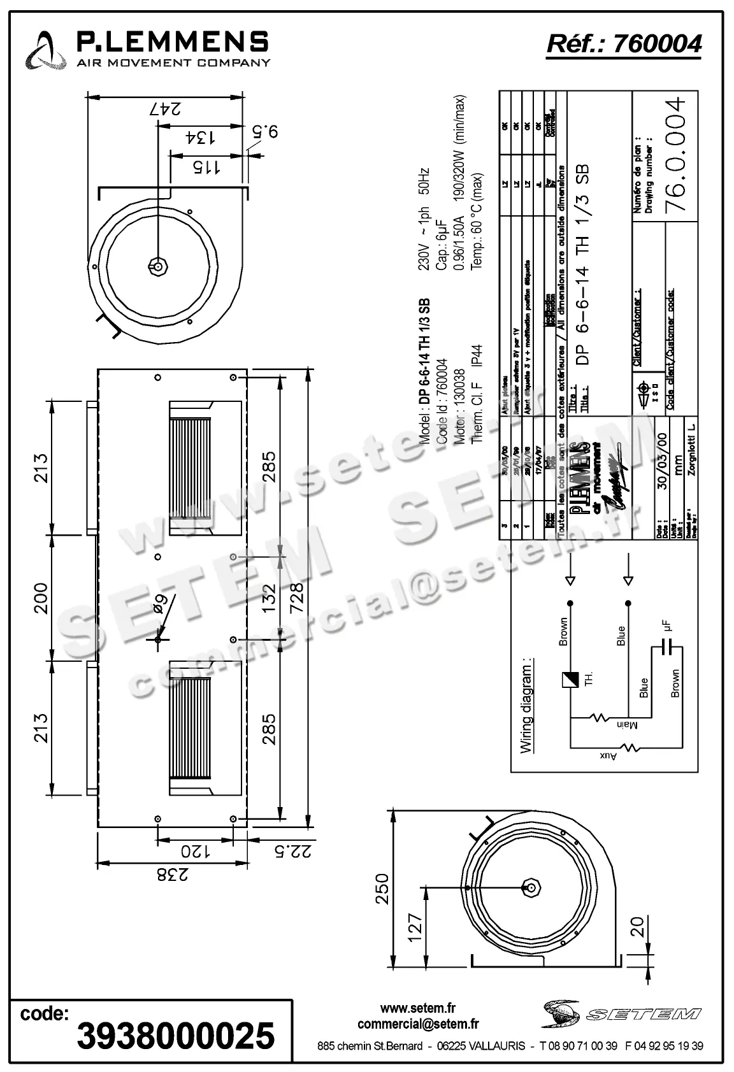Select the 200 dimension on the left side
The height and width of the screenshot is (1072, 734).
pyautogui.click(x=40, y=597)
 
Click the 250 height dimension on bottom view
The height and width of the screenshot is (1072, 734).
pyautogui.click(x=380, y=888)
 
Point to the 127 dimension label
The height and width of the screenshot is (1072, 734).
pyautogui.click(x=415, y=928)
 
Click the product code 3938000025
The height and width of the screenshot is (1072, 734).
pyautogui.click(x=176, y=1035)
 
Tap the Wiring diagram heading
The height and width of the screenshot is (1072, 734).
pyautogui.click(x=526, y=705)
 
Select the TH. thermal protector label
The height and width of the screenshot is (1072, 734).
pyautogui.click(x=589, y=680)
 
